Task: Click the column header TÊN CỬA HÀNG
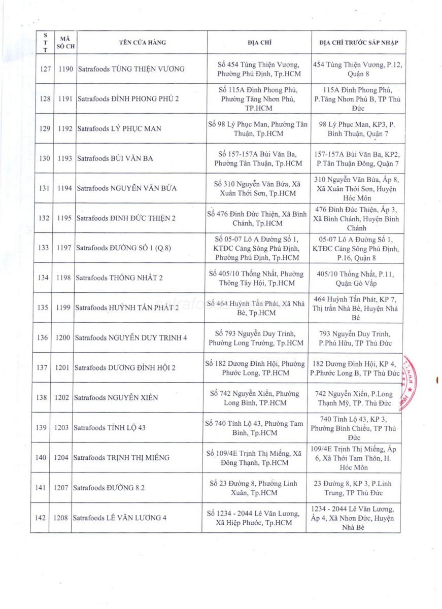(143, 43)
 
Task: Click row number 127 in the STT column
(45, 69)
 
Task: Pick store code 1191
(66, 98)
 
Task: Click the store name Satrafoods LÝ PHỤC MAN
(119, 128)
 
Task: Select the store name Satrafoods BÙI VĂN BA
(115, 158)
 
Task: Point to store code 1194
(65, 188)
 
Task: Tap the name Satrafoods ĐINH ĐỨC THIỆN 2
(126, 218)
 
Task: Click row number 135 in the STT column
(44, 308)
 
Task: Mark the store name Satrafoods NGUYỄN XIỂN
(116, 397)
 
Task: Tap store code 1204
(61, 457)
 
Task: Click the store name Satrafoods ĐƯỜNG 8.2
(109, 488)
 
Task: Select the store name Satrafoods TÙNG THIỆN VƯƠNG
(131, 69)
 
